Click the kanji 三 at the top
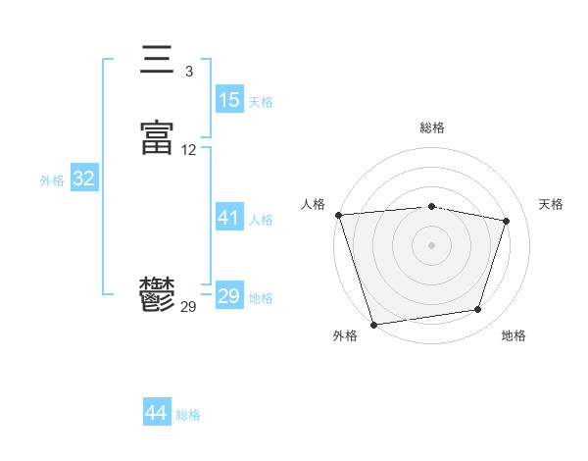click(158, 61)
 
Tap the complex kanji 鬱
click(158, 294)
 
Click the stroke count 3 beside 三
click(188, 72)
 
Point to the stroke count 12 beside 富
click(188, 150)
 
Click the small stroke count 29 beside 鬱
click(188, 307)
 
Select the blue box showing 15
click(229, 100)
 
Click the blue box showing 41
click(229, 218)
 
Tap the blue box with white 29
click(229, 296)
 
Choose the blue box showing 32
click(84, 179)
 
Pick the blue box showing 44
click(157, 414)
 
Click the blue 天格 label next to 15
click(261, 101)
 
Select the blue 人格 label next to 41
click(261, 219)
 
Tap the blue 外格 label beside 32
click(52, 180)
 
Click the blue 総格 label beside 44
click(188, 415)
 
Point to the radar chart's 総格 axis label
click(432, 128)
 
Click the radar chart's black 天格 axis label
click(551, 204)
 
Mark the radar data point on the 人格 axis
click(338, 215)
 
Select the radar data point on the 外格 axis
click(373, 324)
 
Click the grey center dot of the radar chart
click(432, 244)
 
